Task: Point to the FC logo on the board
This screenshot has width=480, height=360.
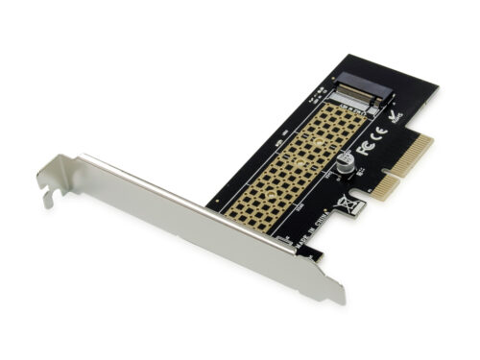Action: (366, 149)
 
